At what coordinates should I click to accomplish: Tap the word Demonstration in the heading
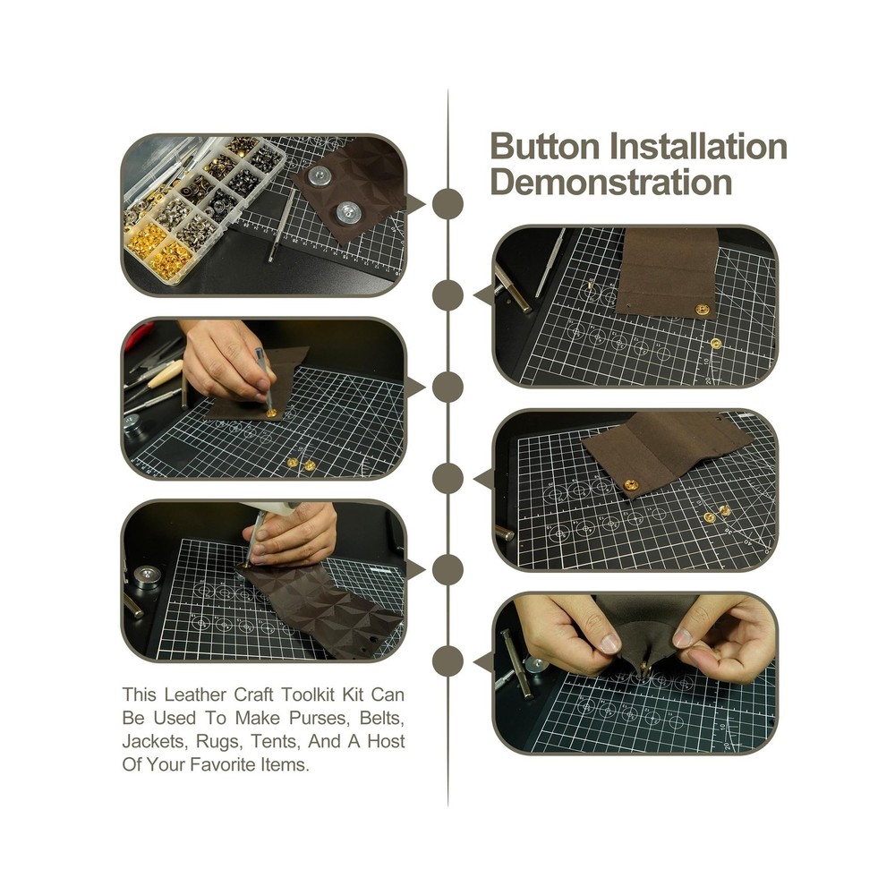(611, 182)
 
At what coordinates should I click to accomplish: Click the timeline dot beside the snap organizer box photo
(447, 203)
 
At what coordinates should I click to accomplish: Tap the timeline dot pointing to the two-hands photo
(447, 661)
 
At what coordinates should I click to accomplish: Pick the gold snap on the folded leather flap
(631, 485)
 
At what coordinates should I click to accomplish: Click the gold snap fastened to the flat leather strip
(701, 309)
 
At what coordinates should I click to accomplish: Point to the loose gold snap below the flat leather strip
(716, 343)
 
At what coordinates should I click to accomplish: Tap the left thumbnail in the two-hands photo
(610, 643)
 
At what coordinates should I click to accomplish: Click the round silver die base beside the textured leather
(144, 574)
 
